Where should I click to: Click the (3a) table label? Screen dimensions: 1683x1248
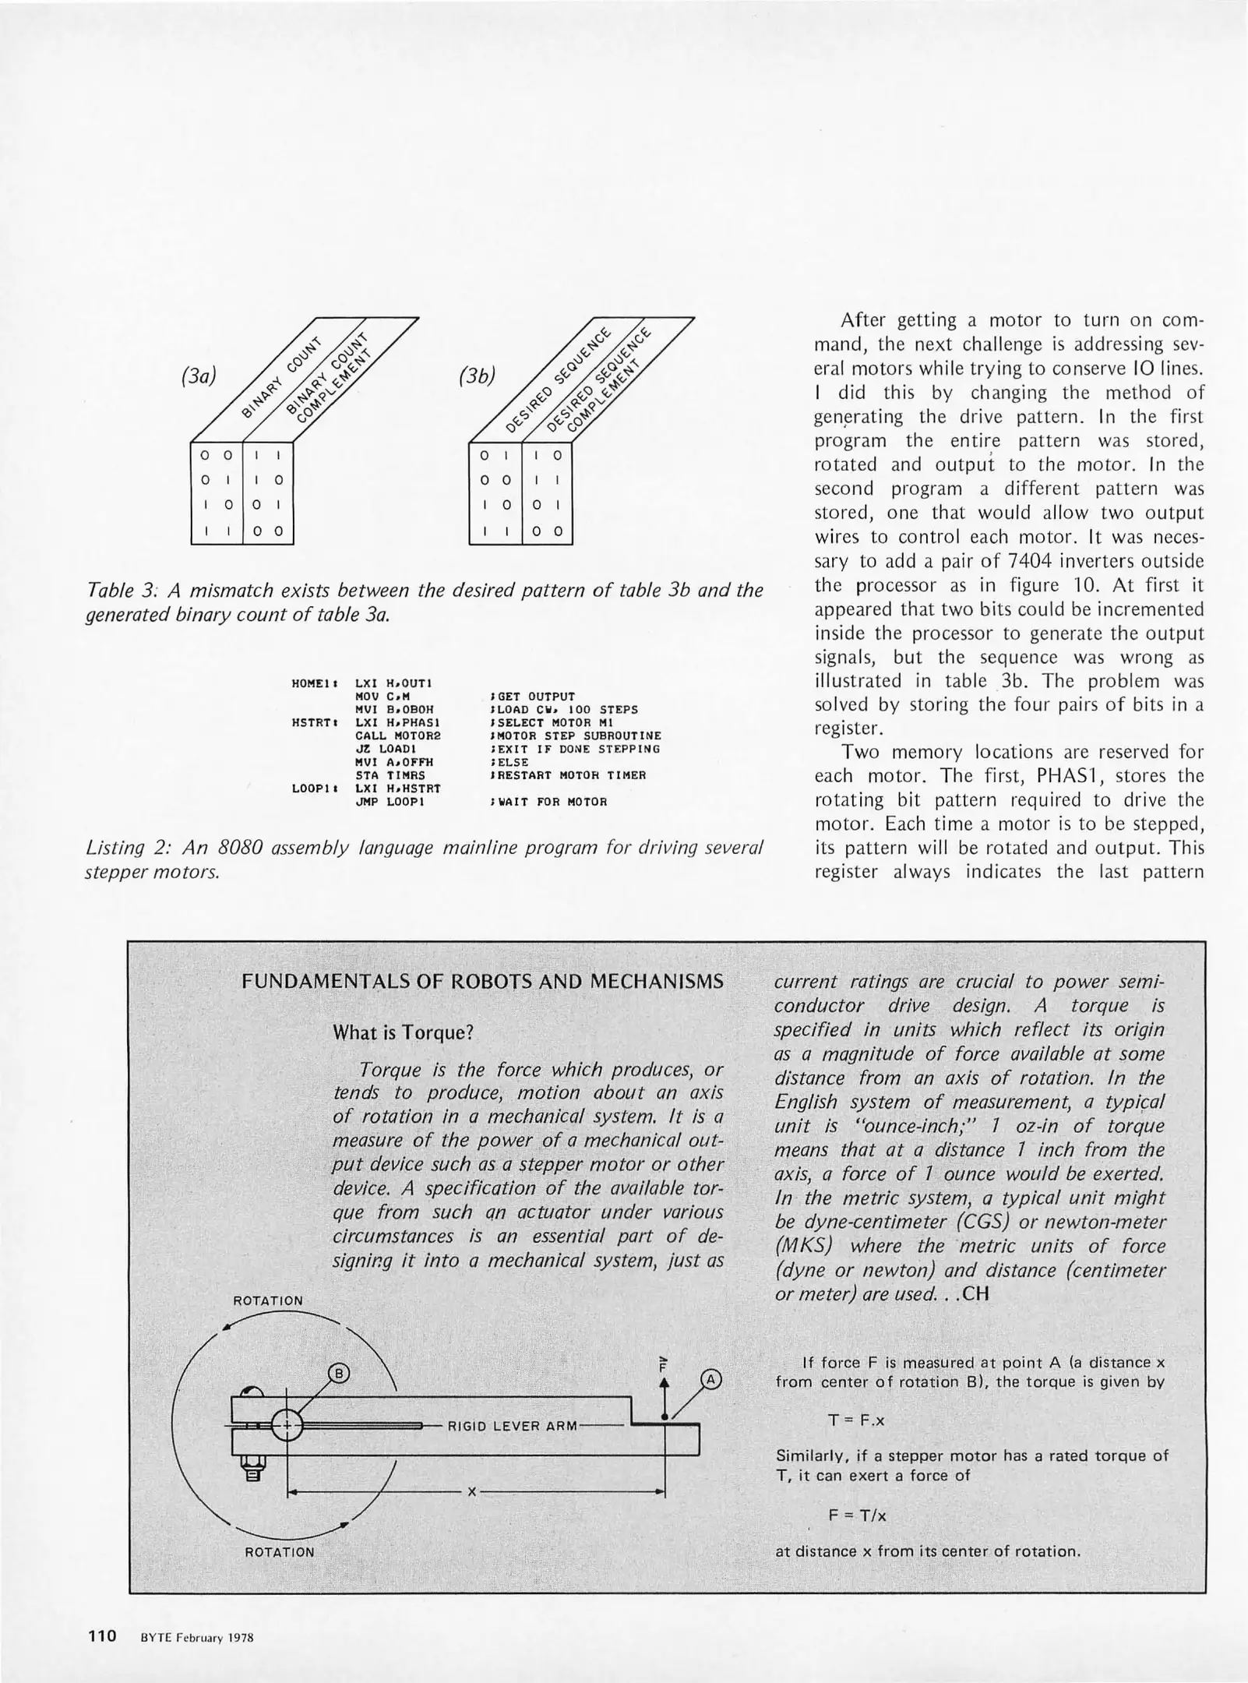(x=197, y=376)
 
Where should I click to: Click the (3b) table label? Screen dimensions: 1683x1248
(x=477, y=376)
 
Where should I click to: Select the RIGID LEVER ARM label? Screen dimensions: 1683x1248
(x=512, y=1427)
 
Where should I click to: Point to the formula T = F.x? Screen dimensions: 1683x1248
(x=856, y=1420)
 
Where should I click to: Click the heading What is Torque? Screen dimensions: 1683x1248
(x=403, y=1033)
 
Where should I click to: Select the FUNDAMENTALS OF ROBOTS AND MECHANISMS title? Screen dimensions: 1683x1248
(x=483, y=981)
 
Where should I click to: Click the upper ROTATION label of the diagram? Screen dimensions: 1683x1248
(x=268, y=1301)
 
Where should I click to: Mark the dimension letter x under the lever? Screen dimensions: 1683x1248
(x=471, y=1492)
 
